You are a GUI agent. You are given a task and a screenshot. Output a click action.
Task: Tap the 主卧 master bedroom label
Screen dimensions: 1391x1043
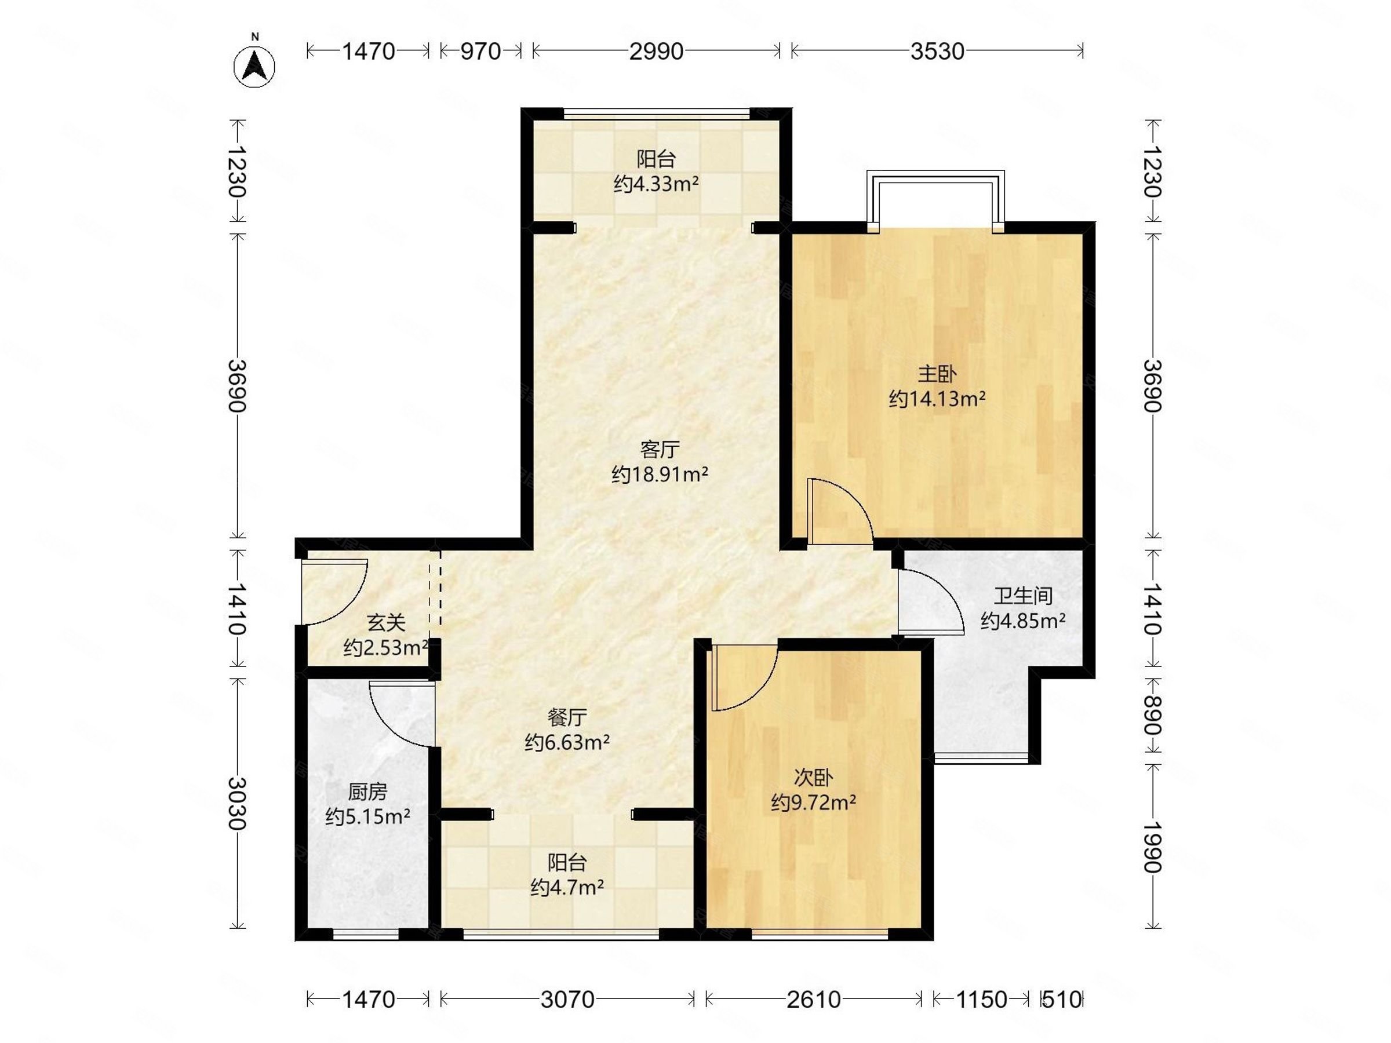[937, 374]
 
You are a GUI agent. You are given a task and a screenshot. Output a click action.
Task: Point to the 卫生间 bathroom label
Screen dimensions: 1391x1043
[1023, 595]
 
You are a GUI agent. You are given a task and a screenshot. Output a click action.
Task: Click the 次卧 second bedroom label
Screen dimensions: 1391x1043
[813, 778]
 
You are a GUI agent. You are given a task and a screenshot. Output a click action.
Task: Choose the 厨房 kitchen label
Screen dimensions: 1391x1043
[367, 792]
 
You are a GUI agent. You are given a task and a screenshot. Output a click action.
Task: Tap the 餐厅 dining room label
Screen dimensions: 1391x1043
[567, 717]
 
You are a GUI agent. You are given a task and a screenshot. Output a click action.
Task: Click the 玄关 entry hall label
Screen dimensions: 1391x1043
[386, 623]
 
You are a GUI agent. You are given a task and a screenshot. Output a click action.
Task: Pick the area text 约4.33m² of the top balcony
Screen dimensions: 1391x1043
[657, 184]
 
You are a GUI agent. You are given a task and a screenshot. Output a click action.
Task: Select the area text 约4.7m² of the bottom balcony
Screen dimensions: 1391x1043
[567, 887]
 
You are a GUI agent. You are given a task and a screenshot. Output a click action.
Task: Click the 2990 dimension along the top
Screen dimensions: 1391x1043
[657, 51]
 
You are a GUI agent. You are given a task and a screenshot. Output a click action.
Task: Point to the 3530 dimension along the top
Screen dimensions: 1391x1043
[937, 51]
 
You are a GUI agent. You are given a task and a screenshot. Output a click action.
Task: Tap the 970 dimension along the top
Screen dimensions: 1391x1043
[480, 51]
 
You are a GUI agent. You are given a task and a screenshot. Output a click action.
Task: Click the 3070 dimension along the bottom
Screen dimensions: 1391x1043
[567, 999]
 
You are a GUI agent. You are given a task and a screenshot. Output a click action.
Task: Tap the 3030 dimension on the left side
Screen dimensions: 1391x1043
[236, 804]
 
